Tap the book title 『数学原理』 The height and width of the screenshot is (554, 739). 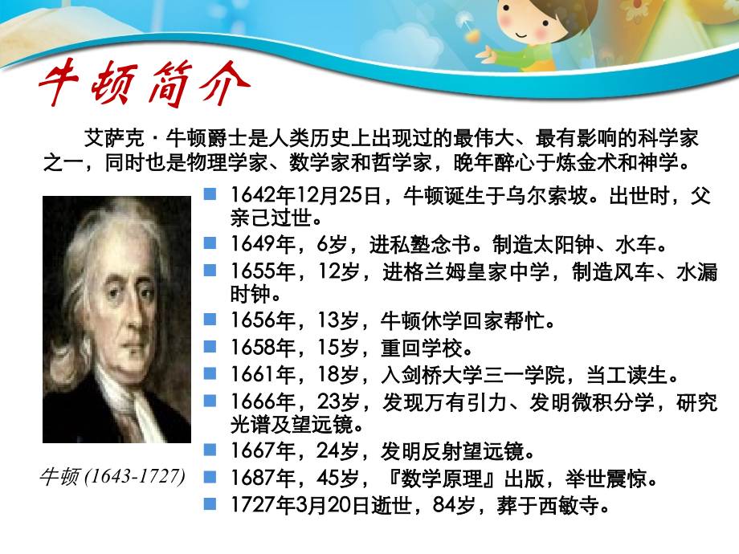pyautogui.click(x=438, y=479)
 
